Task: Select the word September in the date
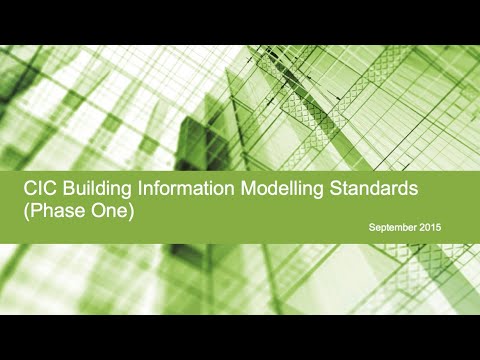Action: pyautogui.click(x=392, y=229)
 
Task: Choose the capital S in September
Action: pyautogui.click(x=371, y=229)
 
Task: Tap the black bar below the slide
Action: pyautogui.click(x=240, y=337)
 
